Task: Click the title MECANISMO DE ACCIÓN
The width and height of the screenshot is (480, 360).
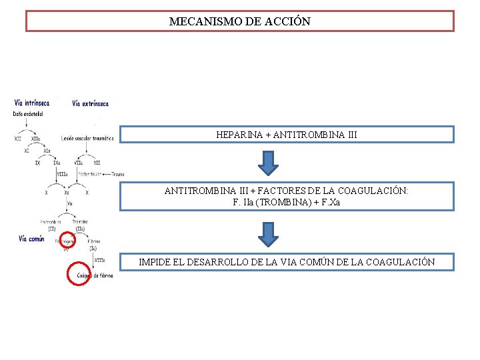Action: coord(239,21)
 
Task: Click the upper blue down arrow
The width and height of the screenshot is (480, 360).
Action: coord(268,162)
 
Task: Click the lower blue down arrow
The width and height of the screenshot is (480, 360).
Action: coord(268,233)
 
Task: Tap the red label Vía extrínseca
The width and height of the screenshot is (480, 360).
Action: coord(90,103)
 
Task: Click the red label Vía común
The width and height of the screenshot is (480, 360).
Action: coord(31,239)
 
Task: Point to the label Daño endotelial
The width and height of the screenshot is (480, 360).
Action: coord(26,114)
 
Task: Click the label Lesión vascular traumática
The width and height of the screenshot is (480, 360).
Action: coord(87,139)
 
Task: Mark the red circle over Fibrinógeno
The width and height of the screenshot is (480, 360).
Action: coord(67,241)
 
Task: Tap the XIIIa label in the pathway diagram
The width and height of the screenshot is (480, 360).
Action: coord(99,260)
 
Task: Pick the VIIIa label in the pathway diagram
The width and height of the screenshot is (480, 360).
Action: coord(62,174)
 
